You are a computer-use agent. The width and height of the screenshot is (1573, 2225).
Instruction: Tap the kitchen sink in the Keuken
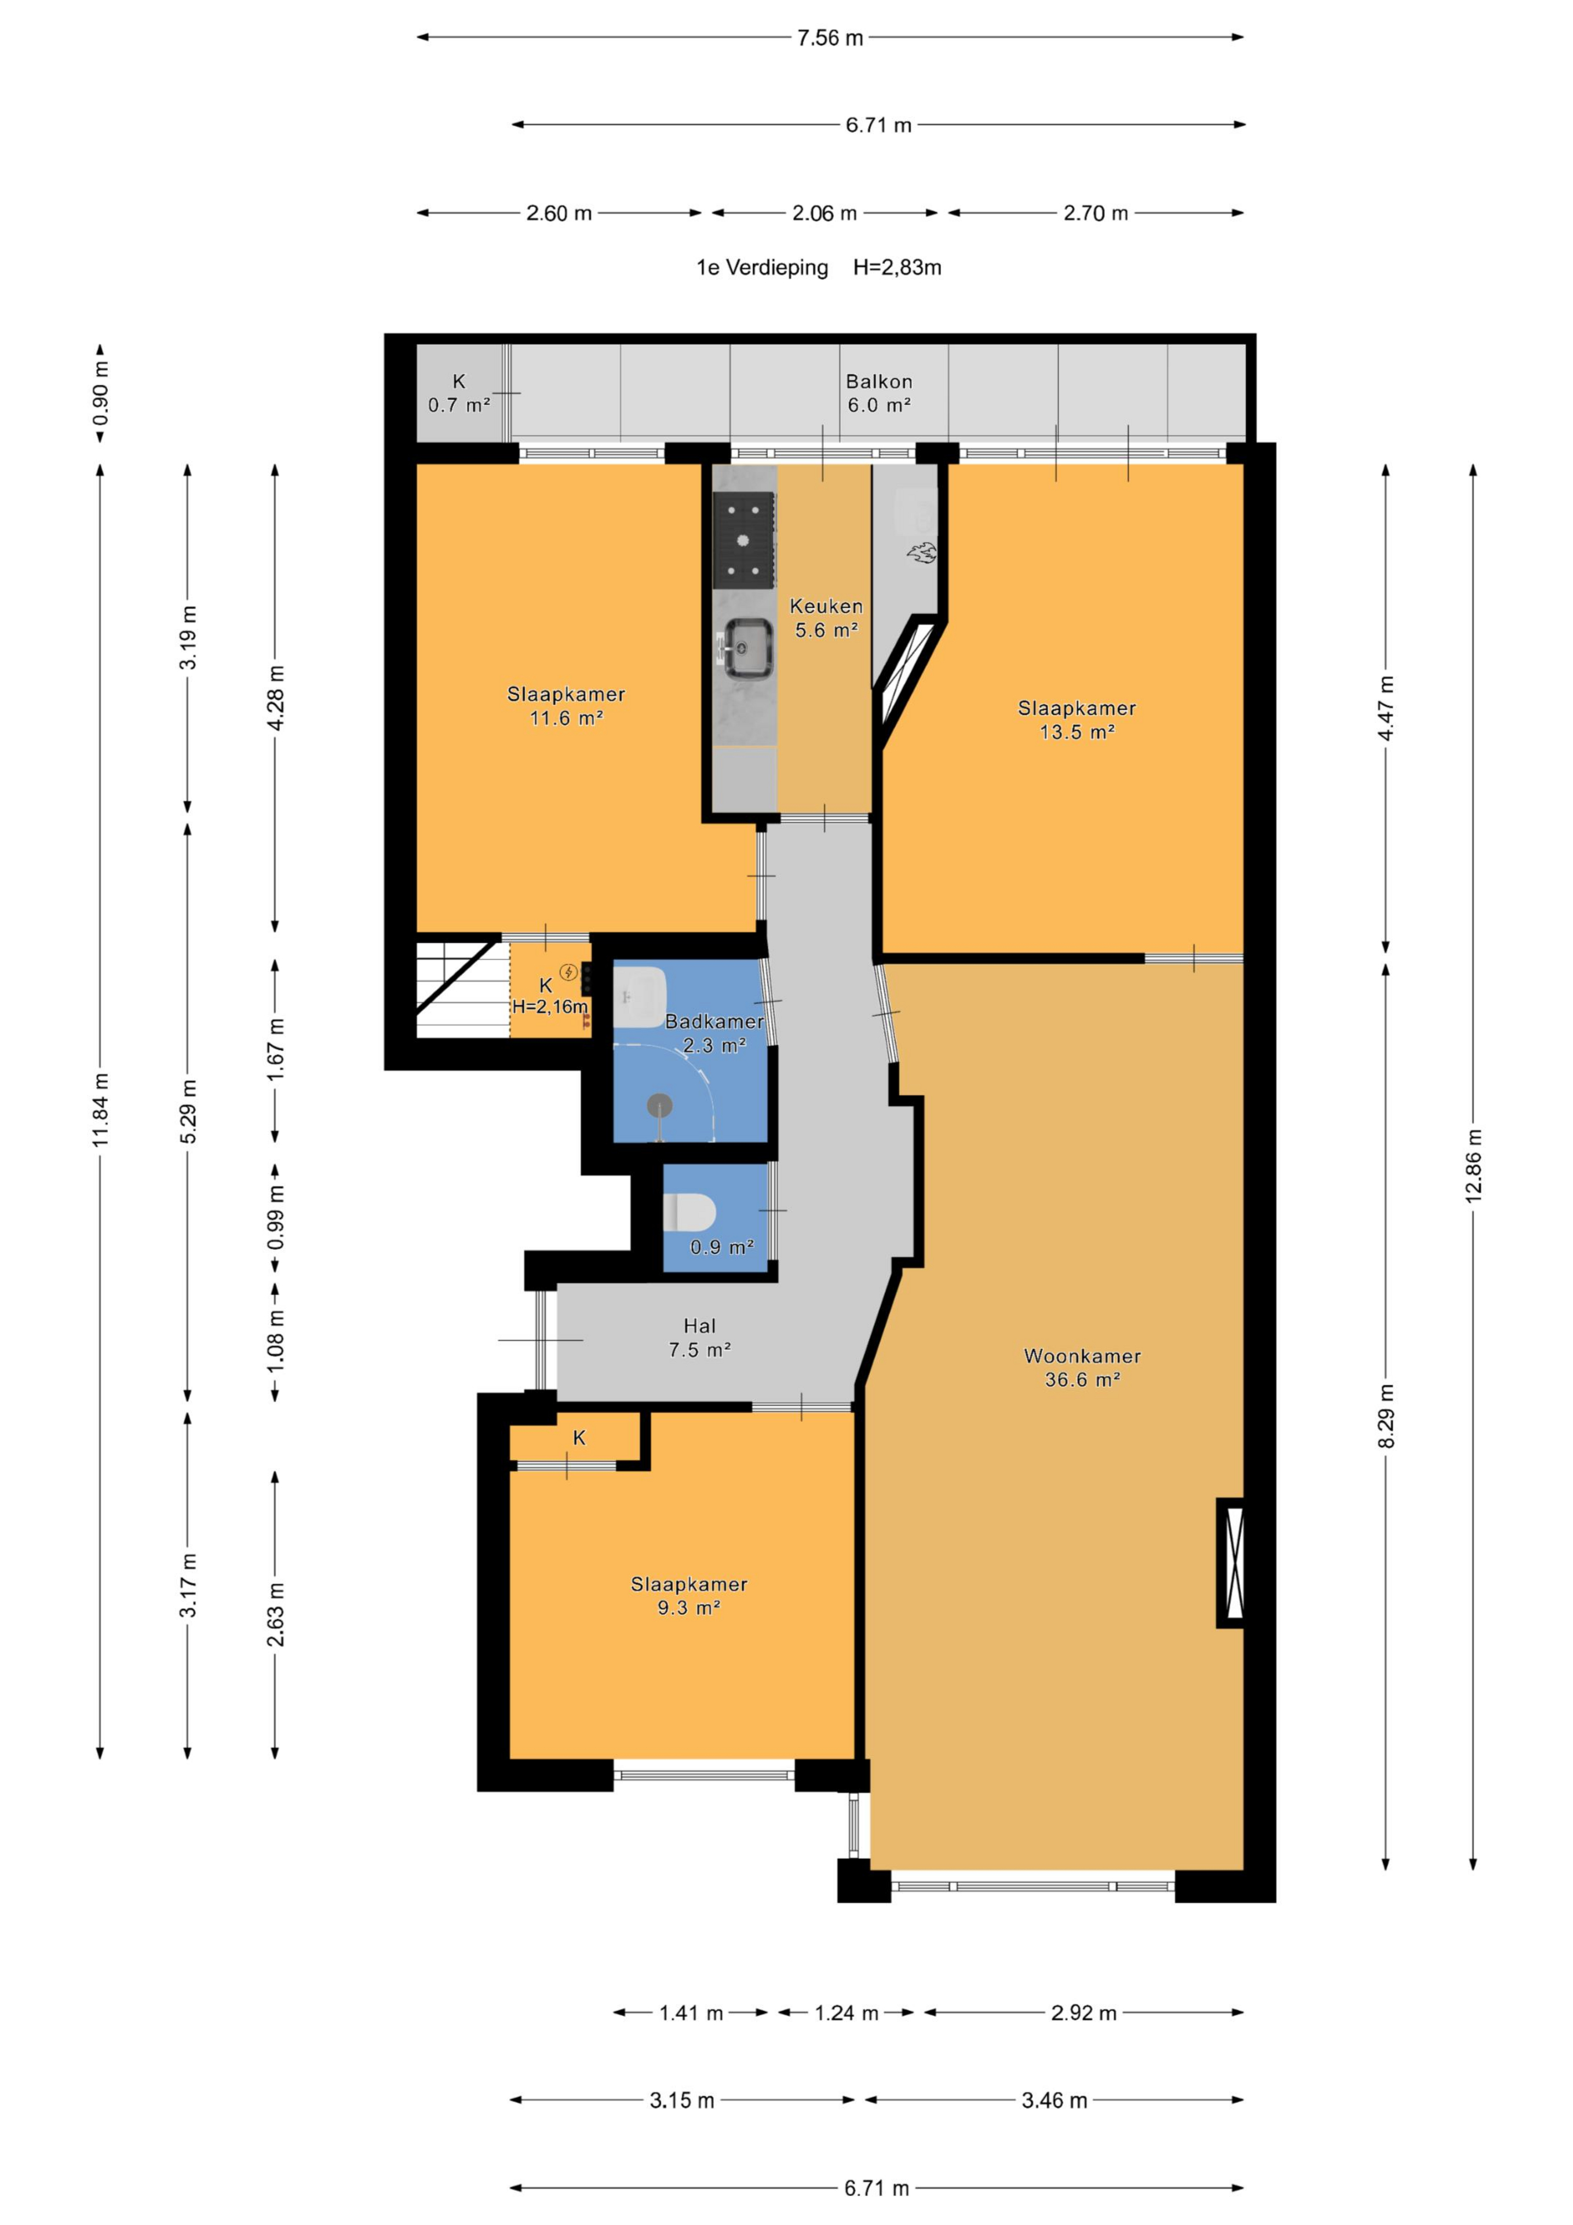click(743, 647)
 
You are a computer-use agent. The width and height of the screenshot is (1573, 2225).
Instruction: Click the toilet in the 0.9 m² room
click(689, 1212)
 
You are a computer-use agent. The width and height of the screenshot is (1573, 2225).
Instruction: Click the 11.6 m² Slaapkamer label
click(566, 706)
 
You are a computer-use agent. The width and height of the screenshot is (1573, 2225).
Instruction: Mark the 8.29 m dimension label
click(1386, 1416)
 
